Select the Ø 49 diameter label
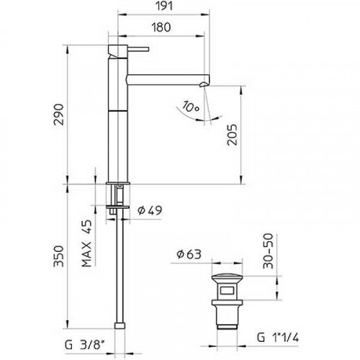pos(150,210)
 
